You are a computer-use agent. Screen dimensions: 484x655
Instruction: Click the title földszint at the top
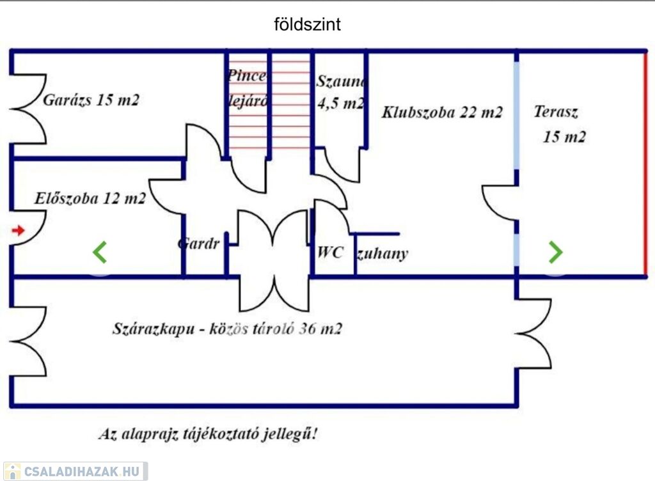coord(307,25)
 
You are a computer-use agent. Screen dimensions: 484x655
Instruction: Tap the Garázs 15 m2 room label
coord(91,100)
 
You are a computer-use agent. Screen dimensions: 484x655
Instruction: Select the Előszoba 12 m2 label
coord(90,199)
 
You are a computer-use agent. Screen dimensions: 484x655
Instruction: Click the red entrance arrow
coord(18,230)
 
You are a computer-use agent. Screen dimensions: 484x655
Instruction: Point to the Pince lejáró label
coord(247,88)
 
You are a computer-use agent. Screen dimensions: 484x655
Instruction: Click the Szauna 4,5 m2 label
coord(341,92)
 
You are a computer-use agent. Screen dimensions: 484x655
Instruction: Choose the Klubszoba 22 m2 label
coord(442,113)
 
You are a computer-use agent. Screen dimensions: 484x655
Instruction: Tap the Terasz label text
coord(556,113)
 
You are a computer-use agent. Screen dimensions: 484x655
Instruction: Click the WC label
coord(331,252)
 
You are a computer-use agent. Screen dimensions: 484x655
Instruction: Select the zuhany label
coord(382,254)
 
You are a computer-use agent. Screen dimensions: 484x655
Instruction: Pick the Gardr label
coord(198,244)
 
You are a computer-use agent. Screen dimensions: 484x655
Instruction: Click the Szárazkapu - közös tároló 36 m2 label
coord(227,329)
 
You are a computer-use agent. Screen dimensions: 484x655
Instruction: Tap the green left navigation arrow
coord(99,252)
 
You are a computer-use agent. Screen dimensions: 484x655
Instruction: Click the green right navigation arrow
coord(555,252)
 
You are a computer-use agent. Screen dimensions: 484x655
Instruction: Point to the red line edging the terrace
coord(645,164)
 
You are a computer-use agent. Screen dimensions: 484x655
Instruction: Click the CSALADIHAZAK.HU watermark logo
coord(75,472)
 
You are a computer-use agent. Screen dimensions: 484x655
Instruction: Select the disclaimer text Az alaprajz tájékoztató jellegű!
coord(208,434)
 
